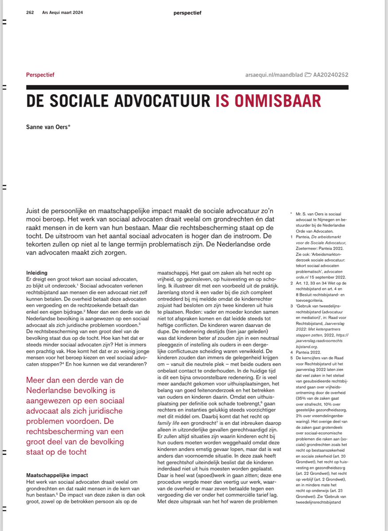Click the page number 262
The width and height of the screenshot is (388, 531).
[x=31, y=13]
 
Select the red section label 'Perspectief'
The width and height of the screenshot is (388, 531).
[x=40, y=75]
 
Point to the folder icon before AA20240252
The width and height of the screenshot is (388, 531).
[x=309, y=75]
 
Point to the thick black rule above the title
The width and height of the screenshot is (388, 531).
[x=187, y=87]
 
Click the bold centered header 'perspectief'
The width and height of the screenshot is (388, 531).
[x=187, y=13]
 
